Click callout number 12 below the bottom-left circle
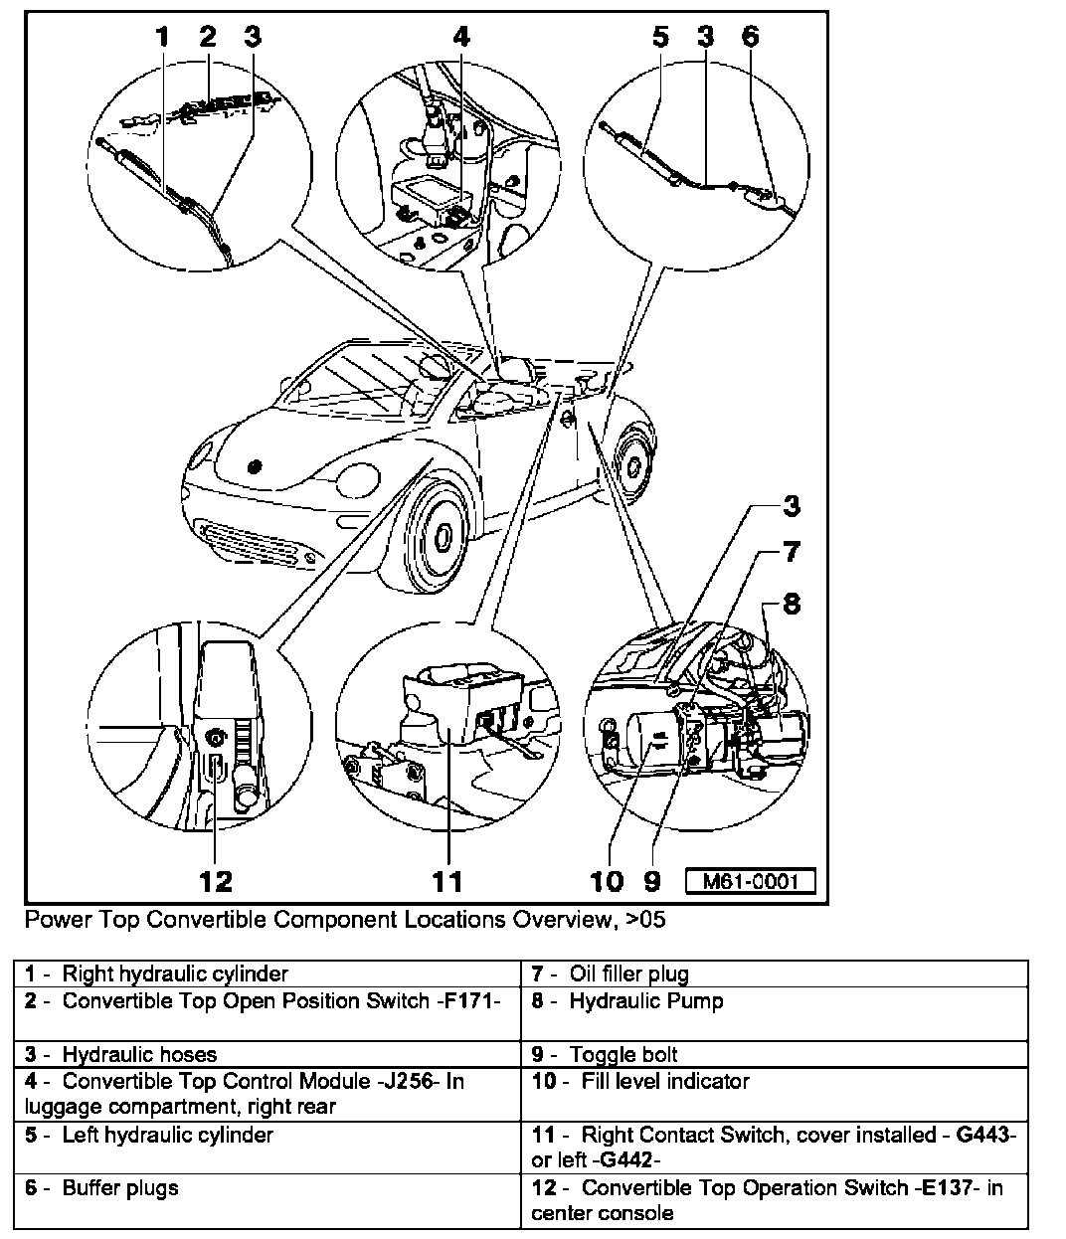point(215,880)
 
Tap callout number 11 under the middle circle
point(446,880)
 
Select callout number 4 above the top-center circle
point(460,37)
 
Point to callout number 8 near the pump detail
point(792,604)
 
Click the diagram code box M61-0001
point(750,881)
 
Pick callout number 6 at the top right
point(750,37)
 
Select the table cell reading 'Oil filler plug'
point(628,974)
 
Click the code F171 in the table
point(480,1001)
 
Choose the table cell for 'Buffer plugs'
point(120,1187)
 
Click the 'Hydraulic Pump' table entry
point(645,1001)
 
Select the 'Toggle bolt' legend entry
point(623,1055)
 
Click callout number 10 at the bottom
point(607,880)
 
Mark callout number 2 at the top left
point(207,37)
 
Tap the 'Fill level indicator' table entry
point(665,1081)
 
